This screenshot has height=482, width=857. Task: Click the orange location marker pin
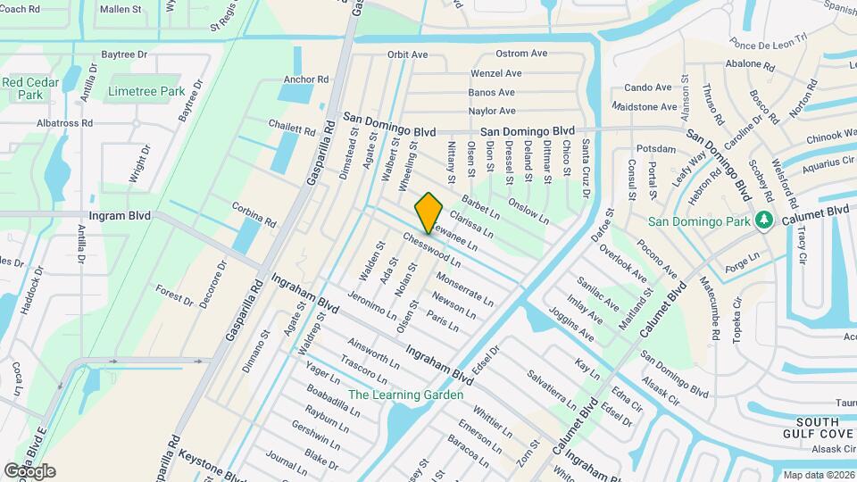tap(429, 212)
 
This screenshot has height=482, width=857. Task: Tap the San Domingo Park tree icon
tap(762, 220)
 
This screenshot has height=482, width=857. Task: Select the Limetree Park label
tap(146, 91)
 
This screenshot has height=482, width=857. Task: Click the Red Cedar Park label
tap(23, 87)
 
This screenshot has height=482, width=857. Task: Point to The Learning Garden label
tap(406, 395)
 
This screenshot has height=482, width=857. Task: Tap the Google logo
tap(29, 470)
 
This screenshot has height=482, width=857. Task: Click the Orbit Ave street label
tap(407, 54)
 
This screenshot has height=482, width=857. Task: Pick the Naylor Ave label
tap(492, 112)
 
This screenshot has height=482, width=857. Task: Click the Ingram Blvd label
tap(121, 216)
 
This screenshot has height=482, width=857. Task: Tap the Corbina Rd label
tap(254, 215)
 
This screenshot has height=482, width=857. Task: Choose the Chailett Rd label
tap(293, 130)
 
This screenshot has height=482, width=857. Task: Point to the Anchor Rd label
tap(306, 79)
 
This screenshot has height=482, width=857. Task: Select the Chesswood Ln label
tap(431, 251)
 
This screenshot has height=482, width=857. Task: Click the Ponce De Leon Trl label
tap(769, 42)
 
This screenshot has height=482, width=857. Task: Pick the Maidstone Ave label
tap(645, 107)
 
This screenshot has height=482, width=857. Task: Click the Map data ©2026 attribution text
tap(819, 475)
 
